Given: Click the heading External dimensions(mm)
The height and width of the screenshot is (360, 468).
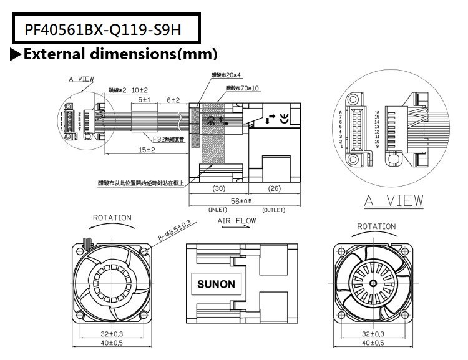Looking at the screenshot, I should [120, 54].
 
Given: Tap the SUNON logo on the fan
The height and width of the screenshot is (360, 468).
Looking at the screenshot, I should [216, 284].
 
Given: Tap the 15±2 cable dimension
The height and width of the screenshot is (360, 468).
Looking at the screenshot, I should [147, 150].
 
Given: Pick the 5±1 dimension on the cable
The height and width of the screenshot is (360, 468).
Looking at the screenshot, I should [144, 100].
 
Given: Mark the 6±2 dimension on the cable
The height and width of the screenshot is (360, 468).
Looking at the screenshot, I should [173, 100].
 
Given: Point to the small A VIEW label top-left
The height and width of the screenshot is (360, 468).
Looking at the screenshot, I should [82, 80].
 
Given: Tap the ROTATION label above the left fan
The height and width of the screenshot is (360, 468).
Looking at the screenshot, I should [112, 218].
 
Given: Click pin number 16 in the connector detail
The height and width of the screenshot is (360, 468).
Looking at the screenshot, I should [377, 112].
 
